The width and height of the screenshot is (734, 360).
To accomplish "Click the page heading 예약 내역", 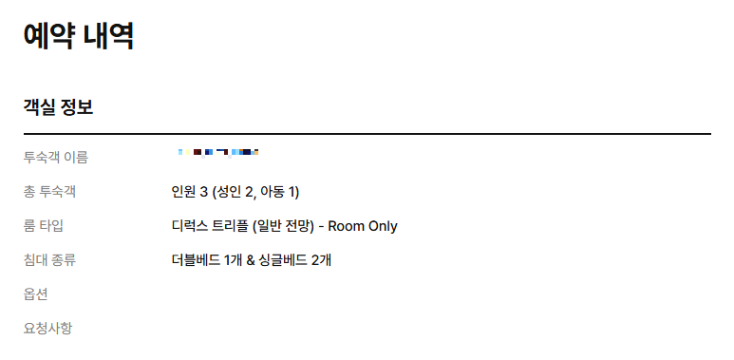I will pyautogui.click(x=79, y=36).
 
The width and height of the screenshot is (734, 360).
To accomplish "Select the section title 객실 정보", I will pyautogui.click(x=58, y=106).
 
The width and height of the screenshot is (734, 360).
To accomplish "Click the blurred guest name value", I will pyautogui.click(x=218, y=152).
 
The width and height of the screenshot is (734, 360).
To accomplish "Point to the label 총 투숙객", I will pyautogui.click(x=49, y=192).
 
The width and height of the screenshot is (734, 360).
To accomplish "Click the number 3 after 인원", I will pyautogui.click(x=203, y=192).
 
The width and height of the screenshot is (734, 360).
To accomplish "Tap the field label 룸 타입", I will pyautogui.click(x=44, y=226).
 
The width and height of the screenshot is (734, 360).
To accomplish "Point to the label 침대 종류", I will pyautogui.click(x=49, y=259).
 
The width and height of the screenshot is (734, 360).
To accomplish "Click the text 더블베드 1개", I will pyautogui.click(x=204, y=259).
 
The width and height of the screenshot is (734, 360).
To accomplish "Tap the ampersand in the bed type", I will pyautogui.click(x=247, y=259).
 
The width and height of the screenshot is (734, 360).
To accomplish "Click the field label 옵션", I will pyautogui.click(x=36, y=294).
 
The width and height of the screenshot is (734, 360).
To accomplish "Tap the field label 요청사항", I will pyautogui.click(x=47, y=329).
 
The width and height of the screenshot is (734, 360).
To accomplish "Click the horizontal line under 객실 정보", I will pyautogui.click(x=367, y=134).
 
